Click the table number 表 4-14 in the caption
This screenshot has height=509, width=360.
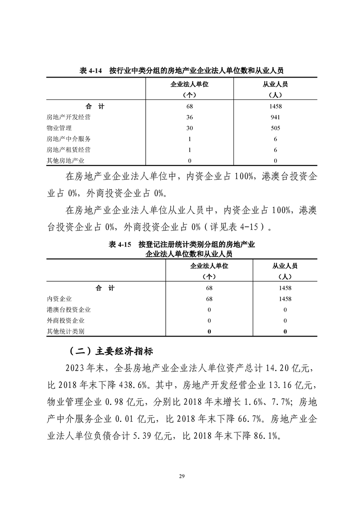(x=90, y=71)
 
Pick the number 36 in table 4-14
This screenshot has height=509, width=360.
(x=190, y=117)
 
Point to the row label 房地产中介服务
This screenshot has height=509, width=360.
(x=69, y=139)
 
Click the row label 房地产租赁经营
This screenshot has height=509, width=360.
(x=69, y=150)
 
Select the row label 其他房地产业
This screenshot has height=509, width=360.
(x=65, y=161)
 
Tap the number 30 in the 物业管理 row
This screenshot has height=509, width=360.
(x=190, y=128)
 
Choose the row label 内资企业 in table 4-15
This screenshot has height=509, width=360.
(x=59, y=299)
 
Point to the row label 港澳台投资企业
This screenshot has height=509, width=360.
(x=69, y=310)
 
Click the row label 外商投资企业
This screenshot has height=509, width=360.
(x=65, y=321)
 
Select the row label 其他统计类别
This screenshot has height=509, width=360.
(x=65, y=332)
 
